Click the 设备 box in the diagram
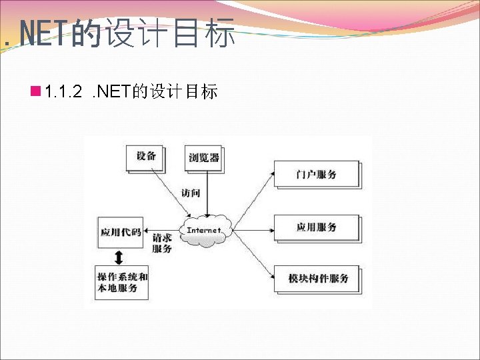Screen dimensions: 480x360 [x=145, y=157]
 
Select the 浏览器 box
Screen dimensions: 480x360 [x=203, y=159]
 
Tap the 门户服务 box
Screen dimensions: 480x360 [x=316, y=175]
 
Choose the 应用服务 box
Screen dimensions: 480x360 [x=316, y=228]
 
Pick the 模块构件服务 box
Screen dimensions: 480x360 [x=316, y=279]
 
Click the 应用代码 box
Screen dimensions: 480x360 [x=121, y=233]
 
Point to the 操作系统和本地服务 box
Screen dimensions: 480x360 [x=122, y=283]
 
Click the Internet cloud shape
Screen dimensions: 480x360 [x=204, y=230]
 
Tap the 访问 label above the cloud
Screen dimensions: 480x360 [x=191, y=193]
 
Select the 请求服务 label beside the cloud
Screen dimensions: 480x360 [x=162, y=243]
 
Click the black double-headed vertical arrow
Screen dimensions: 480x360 [x=119, y=257]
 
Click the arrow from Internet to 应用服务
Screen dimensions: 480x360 [x=253, y=230]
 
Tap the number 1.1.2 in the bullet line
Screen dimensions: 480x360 [x=63, y=92]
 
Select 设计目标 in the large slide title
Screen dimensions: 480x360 [x=169, y=34]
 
